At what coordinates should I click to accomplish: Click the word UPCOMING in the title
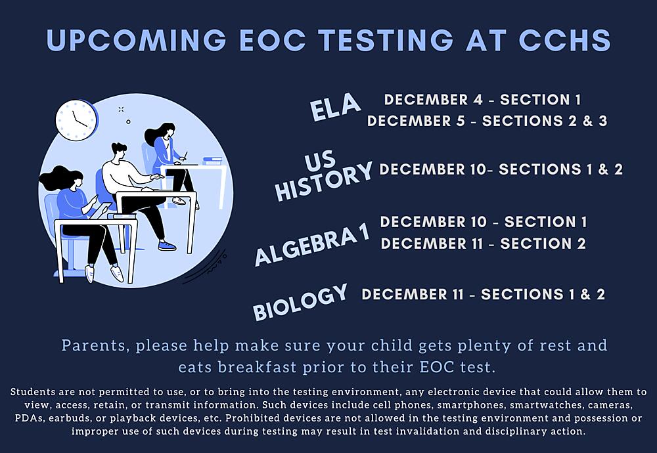click(137, 40)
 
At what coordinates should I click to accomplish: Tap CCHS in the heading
click(564, 40)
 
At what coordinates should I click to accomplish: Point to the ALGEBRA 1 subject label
click(312, 246)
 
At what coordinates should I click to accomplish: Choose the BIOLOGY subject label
click(300, 302)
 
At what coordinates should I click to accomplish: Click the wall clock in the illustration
click(76, 119)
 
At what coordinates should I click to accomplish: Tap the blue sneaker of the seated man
click(167, 246)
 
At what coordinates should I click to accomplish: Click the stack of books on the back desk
click(213, 161)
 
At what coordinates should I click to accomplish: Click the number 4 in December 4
click(478, 100)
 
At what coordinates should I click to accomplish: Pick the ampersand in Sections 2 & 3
click(588, 121)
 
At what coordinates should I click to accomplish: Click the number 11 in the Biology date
click(458, 294)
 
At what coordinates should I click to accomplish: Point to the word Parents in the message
click(95, 346)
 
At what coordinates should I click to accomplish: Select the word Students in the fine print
click(33, 393)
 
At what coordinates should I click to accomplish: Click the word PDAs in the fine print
click(29, 418)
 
